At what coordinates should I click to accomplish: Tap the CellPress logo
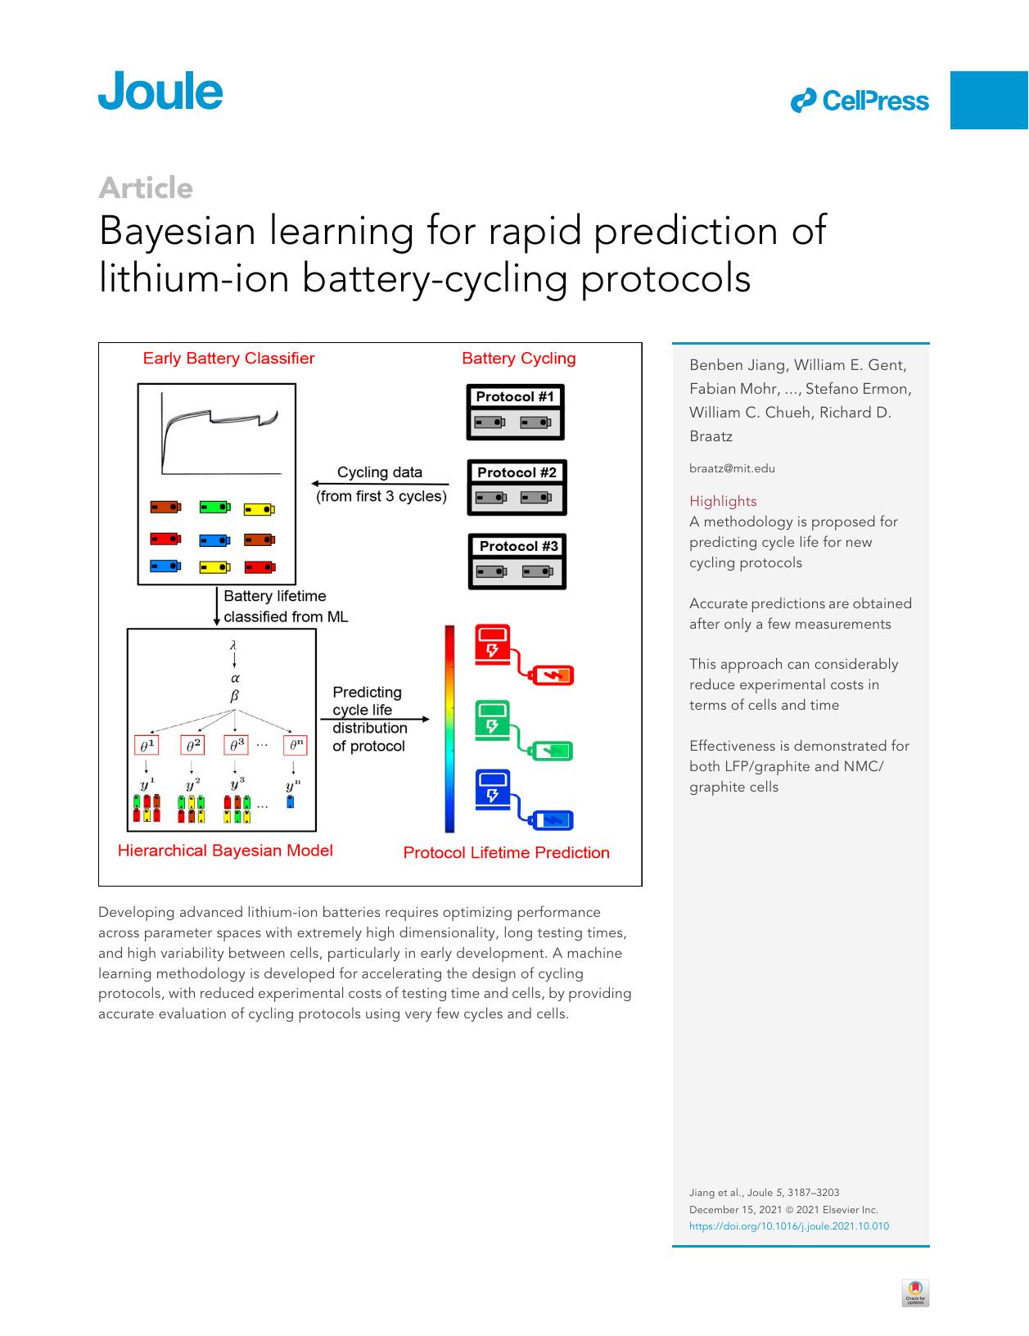pyautogui.click(x=860, y=101)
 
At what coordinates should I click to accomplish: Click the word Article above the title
pyautogui.click(x=145, y=188)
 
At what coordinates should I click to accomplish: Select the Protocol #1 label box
pyautogui.click(x=515, y=397)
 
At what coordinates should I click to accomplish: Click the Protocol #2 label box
pyautogui.click(x=517, y=472)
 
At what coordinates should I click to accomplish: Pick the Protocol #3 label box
pyautogui.click(x=518, y=546)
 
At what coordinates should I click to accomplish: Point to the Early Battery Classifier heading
pyautogui.click(x=228, y=359)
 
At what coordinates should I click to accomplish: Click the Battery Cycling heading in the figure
pyautogui.click(x=518, y=359)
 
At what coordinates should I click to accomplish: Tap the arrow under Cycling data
pyautogui.click(x=380, y=484)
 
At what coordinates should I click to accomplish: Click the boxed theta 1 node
pyautogui.click(x=146, y=746)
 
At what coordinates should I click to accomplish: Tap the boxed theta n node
pyautogui.click(x=295, y=746)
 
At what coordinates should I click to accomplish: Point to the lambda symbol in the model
pyautogui.click(x=234, y=646)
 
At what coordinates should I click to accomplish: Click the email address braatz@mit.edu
pyautogui.click(x=732, y=469)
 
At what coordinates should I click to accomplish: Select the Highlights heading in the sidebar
pyautogui.click(x=723, y=501)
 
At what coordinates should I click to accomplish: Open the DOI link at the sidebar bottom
pyautogui.click(x=788, y=1226)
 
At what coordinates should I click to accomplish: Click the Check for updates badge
pyautogui.click(x=915, y=1293)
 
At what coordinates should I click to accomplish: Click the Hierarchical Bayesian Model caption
pyautogui.click(x=225, y=851)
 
